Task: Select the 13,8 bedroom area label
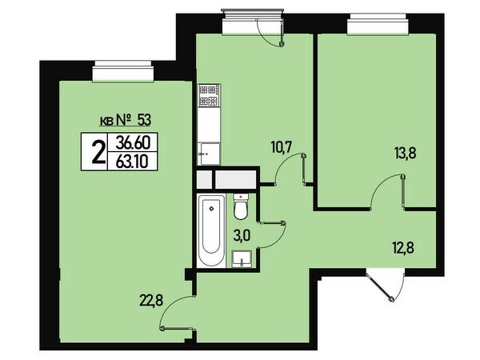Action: point(405,153)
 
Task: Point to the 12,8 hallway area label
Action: point(403,247)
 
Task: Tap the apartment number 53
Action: point(144,120)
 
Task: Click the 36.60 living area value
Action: point(133,142)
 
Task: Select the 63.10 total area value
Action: point(132,161)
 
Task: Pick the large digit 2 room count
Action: point(98,152)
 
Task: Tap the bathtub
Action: point(211,231)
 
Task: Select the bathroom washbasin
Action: point(242,258)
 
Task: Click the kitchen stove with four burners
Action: point(210,95)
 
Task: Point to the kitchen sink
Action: point(209,154)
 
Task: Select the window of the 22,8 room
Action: point(123,72)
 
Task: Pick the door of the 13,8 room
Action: point(389,192)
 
